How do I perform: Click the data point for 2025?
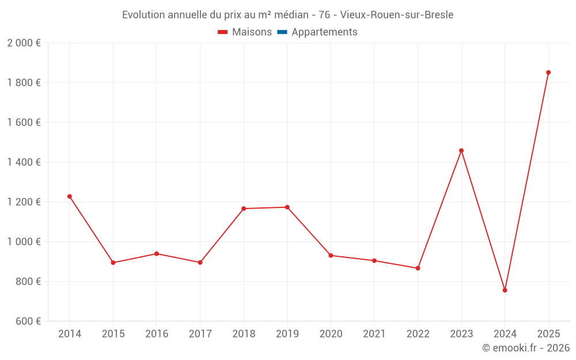[548, 73]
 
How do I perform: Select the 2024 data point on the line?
[505, 290]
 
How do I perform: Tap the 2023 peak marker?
[461, 151]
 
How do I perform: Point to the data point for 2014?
[70, 196]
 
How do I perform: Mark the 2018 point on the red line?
[244, 209]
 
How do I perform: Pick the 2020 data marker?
[331, 256]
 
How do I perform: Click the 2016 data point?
[157, 253]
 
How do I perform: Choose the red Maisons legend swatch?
[223, 32]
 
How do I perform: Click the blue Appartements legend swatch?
[282, 32]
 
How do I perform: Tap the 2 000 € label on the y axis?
[24, 43]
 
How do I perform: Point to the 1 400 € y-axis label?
[24, 162]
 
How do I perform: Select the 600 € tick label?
[27, 321]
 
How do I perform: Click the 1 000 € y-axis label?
[24, 242]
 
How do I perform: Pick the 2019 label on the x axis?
[287, 334]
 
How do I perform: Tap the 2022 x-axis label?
[418, 334]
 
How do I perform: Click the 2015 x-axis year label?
[113, 334]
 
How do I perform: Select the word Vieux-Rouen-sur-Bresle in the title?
[397, 15]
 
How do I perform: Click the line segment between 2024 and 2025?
[526, 181]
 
